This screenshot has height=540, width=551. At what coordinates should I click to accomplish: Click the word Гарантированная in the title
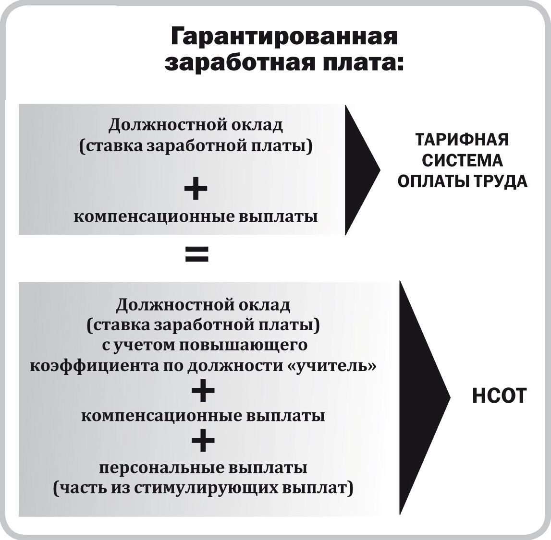click(284, 36)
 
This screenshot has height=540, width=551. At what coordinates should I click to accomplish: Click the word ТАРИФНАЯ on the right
click(462, 139)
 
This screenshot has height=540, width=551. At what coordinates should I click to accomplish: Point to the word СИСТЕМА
click(462, 160)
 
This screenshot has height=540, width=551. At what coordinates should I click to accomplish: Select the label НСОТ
click(499, 396)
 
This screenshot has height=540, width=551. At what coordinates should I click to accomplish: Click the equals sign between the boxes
click(197, 254)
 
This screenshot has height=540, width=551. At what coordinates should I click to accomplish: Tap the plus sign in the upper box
click(196, 188)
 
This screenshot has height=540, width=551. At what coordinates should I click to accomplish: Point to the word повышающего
click(244, 346)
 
